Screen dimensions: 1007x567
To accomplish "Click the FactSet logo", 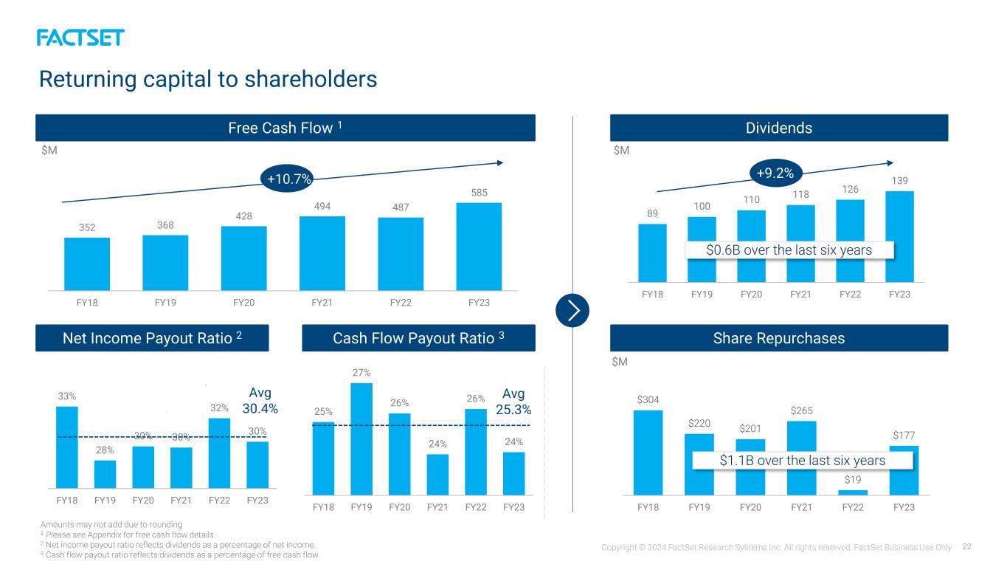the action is (x=80, y=38).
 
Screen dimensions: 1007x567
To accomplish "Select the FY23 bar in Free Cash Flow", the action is (x=479, y=246).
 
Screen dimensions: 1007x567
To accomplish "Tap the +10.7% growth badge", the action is (x=288, y=179).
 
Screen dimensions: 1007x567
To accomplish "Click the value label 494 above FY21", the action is (x=322, y=206).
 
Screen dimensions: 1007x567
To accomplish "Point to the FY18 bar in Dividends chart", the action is (x=652, y=253).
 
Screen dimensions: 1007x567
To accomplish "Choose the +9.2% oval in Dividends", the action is (x=776, y=173).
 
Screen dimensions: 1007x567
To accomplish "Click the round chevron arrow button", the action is (x=572, y=311).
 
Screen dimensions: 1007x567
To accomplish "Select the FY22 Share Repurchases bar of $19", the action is (x=853, y=492).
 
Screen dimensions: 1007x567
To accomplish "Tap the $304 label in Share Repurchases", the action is (x=648, y=399).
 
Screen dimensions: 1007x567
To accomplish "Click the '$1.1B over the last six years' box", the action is (x=803, y=461).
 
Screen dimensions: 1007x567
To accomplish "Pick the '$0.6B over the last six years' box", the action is (x=789, y=250).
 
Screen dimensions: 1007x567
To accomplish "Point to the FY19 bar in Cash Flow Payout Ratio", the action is (x=361, y=439).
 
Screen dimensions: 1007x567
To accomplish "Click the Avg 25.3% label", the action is (x=513, y=402).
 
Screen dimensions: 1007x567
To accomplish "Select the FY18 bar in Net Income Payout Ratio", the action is (x=67, y=447).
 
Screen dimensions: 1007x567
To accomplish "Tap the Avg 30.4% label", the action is (x=260, y=400).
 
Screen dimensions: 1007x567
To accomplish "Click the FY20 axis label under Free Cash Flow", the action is (x=243, y=303).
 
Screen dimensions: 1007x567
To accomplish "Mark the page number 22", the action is (x=966, y=546).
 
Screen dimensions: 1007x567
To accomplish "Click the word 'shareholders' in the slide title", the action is (x=311, y=79).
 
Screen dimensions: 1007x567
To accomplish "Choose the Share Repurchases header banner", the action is (x=779, y=338).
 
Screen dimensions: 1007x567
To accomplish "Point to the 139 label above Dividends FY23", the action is (x=899, y=180).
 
